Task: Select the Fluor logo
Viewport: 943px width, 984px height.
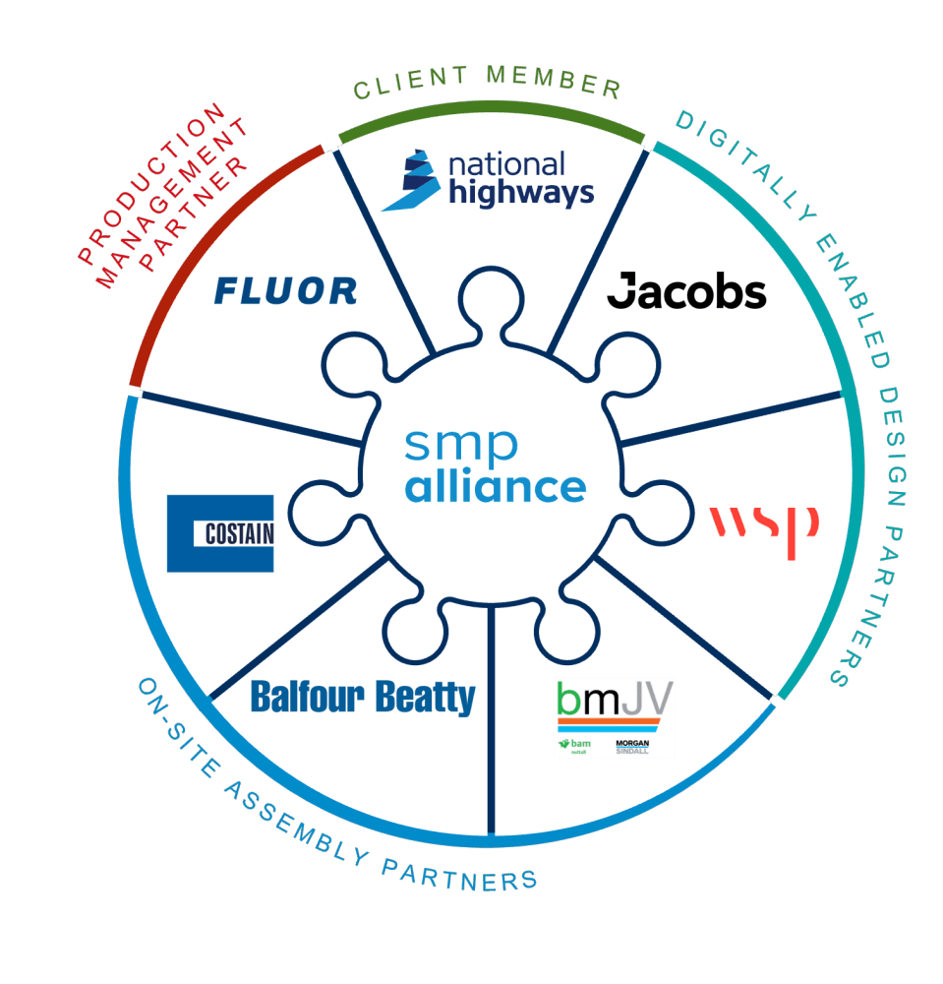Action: click(x=285, y=290)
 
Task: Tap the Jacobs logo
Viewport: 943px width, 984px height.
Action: click(x=686, y=292)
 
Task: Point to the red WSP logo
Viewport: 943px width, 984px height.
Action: click(x=764, y=529)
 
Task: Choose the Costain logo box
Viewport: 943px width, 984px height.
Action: click(x=220, y=533)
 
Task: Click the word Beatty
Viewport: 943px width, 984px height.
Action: click(x=426, y=698)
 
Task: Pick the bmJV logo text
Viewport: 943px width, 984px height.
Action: click(x=615, y=702)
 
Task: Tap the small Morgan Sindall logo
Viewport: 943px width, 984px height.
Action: click(x=630, y=748)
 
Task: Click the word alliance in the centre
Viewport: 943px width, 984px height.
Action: click(x=496, y=486)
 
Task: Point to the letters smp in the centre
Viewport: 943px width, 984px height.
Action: click(x=460, y=446)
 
